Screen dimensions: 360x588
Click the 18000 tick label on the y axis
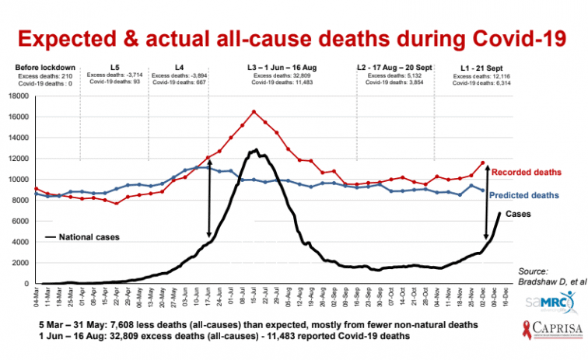(17, 96)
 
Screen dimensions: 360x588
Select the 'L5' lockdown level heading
(114, 68)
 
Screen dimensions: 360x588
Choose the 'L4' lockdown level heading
(179, 68)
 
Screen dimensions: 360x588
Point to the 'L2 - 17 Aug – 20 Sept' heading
(396, 68)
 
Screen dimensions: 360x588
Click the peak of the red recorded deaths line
(254, 111)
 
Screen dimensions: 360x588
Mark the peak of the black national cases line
(256, 149)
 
